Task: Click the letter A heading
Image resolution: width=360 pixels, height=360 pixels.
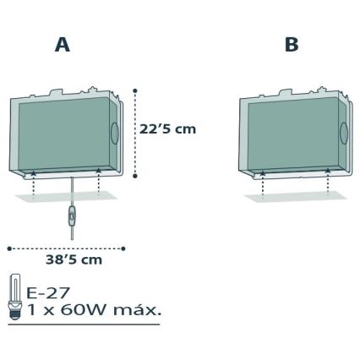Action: (x=63, y=45)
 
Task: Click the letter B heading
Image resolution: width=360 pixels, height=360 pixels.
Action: (x=292, y=45)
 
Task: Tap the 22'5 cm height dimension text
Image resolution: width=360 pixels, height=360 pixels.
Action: (x=167, y=129)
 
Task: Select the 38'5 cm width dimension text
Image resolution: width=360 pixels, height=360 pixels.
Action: (x=74, y=259)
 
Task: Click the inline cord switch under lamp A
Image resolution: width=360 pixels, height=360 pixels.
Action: (x=72, y=216)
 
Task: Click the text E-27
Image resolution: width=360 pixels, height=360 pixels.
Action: (x=47, y=293)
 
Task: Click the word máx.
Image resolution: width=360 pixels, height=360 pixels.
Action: (x=137, y=309)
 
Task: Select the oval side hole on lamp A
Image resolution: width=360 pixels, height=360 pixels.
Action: (x=115, y=133)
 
